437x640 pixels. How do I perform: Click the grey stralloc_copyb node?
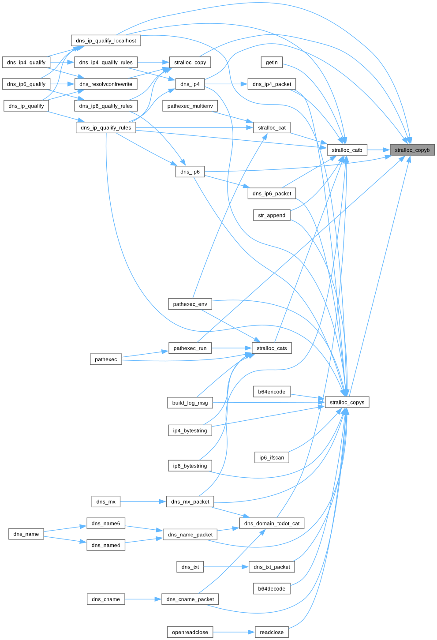(x=412, y=150)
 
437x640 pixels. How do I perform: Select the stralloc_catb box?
(x=347, y=150)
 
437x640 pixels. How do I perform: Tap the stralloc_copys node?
(x=347, y=402)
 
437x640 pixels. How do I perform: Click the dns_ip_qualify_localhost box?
(x=106, y=41)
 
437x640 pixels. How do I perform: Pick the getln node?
(x=272, y=62)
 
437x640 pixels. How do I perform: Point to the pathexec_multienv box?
(x=190, y=106)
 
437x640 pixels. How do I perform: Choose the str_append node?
(x=272, y=215)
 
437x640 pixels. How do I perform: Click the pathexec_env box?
(x=190, y=304)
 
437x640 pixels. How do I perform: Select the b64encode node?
(x=272, y=392)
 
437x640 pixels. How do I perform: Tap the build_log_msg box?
(x=190, y=403)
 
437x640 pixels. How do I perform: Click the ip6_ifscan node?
(x=272, y=457)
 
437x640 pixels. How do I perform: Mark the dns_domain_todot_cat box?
(x=272, y=524)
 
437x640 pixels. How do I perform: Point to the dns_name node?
(x=26, y=534)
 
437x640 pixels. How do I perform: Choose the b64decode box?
(x=272, y=589)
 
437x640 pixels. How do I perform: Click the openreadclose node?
(x=190, y=632)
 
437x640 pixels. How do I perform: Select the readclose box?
(x=272, y=632)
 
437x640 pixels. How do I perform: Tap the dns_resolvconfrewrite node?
(x=106, y=84)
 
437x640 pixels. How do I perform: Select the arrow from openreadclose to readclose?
(x=234, y=632)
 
